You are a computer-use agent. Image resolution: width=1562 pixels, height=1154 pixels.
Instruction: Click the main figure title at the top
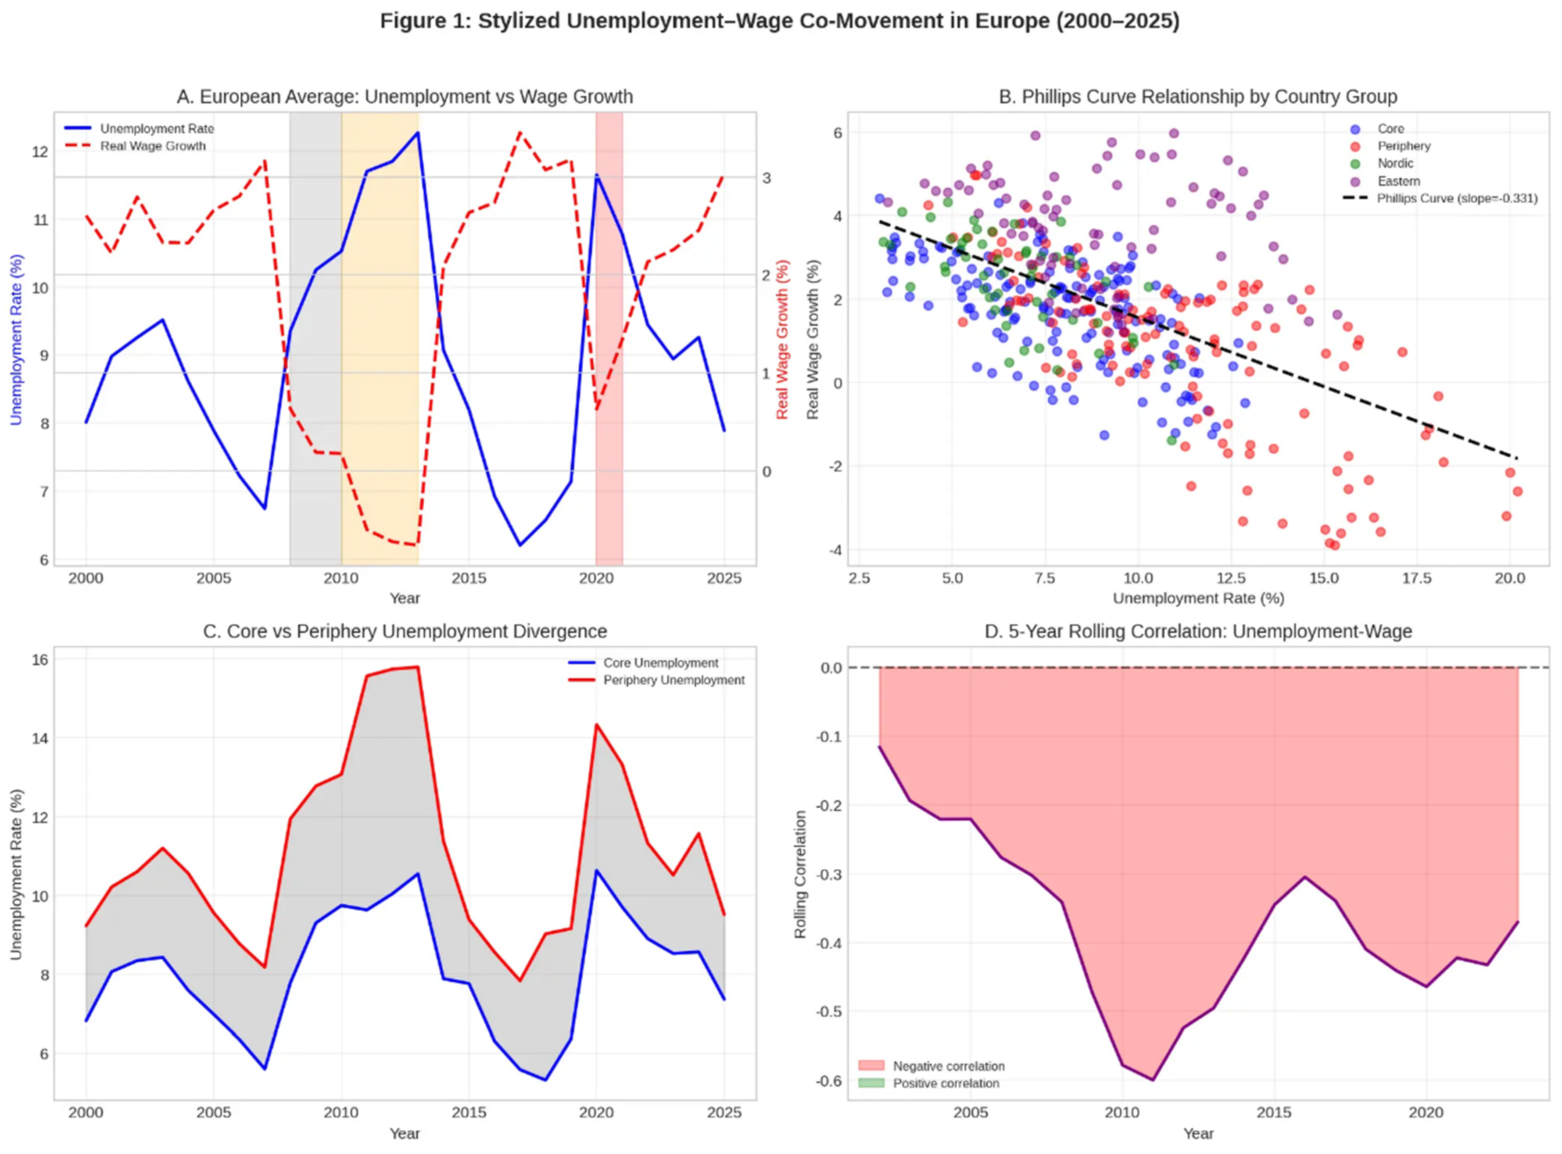click(780, 21)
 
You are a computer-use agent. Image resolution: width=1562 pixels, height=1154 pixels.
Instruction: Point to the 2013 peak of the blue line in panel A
click(418, 132)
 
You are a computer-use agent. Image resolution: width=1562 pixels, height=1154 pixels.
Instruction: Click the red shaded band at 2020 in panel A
click(609, 335)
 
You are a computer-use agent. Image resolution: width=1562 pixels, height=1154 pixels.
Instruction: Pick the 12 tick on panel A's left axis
click(40, 151)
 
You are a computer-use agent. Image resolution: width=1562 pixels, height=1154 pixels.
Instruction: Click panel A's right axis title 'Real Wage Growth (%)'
click(782, 340)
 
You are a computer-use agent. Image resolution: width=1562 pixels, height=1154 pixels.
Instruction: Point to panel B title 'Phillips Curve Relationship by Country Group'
click(1197, 97)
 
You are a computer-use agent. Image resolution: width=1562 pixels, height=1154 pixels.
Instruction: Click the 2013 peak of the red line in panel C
click(418, 667)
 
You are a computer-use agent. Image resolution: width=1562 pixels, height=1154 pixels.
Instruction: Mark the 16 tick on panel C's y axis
click(40, 659)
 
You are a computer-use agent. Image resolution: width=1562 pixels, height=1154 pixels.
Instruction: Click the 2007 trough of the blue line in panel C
click(265, 1069)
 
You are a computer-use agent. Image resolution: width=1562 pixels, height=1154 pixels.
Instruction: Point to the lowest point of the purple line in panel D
click(1153, 1080)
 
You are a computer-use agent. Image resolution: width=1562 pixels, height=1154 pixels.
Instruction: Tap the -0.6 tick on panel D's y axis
click(831, 1081)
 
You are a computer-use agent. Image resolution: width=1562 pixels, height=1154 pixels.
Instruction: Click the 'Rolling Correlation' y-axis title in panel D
click(801, 874)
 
